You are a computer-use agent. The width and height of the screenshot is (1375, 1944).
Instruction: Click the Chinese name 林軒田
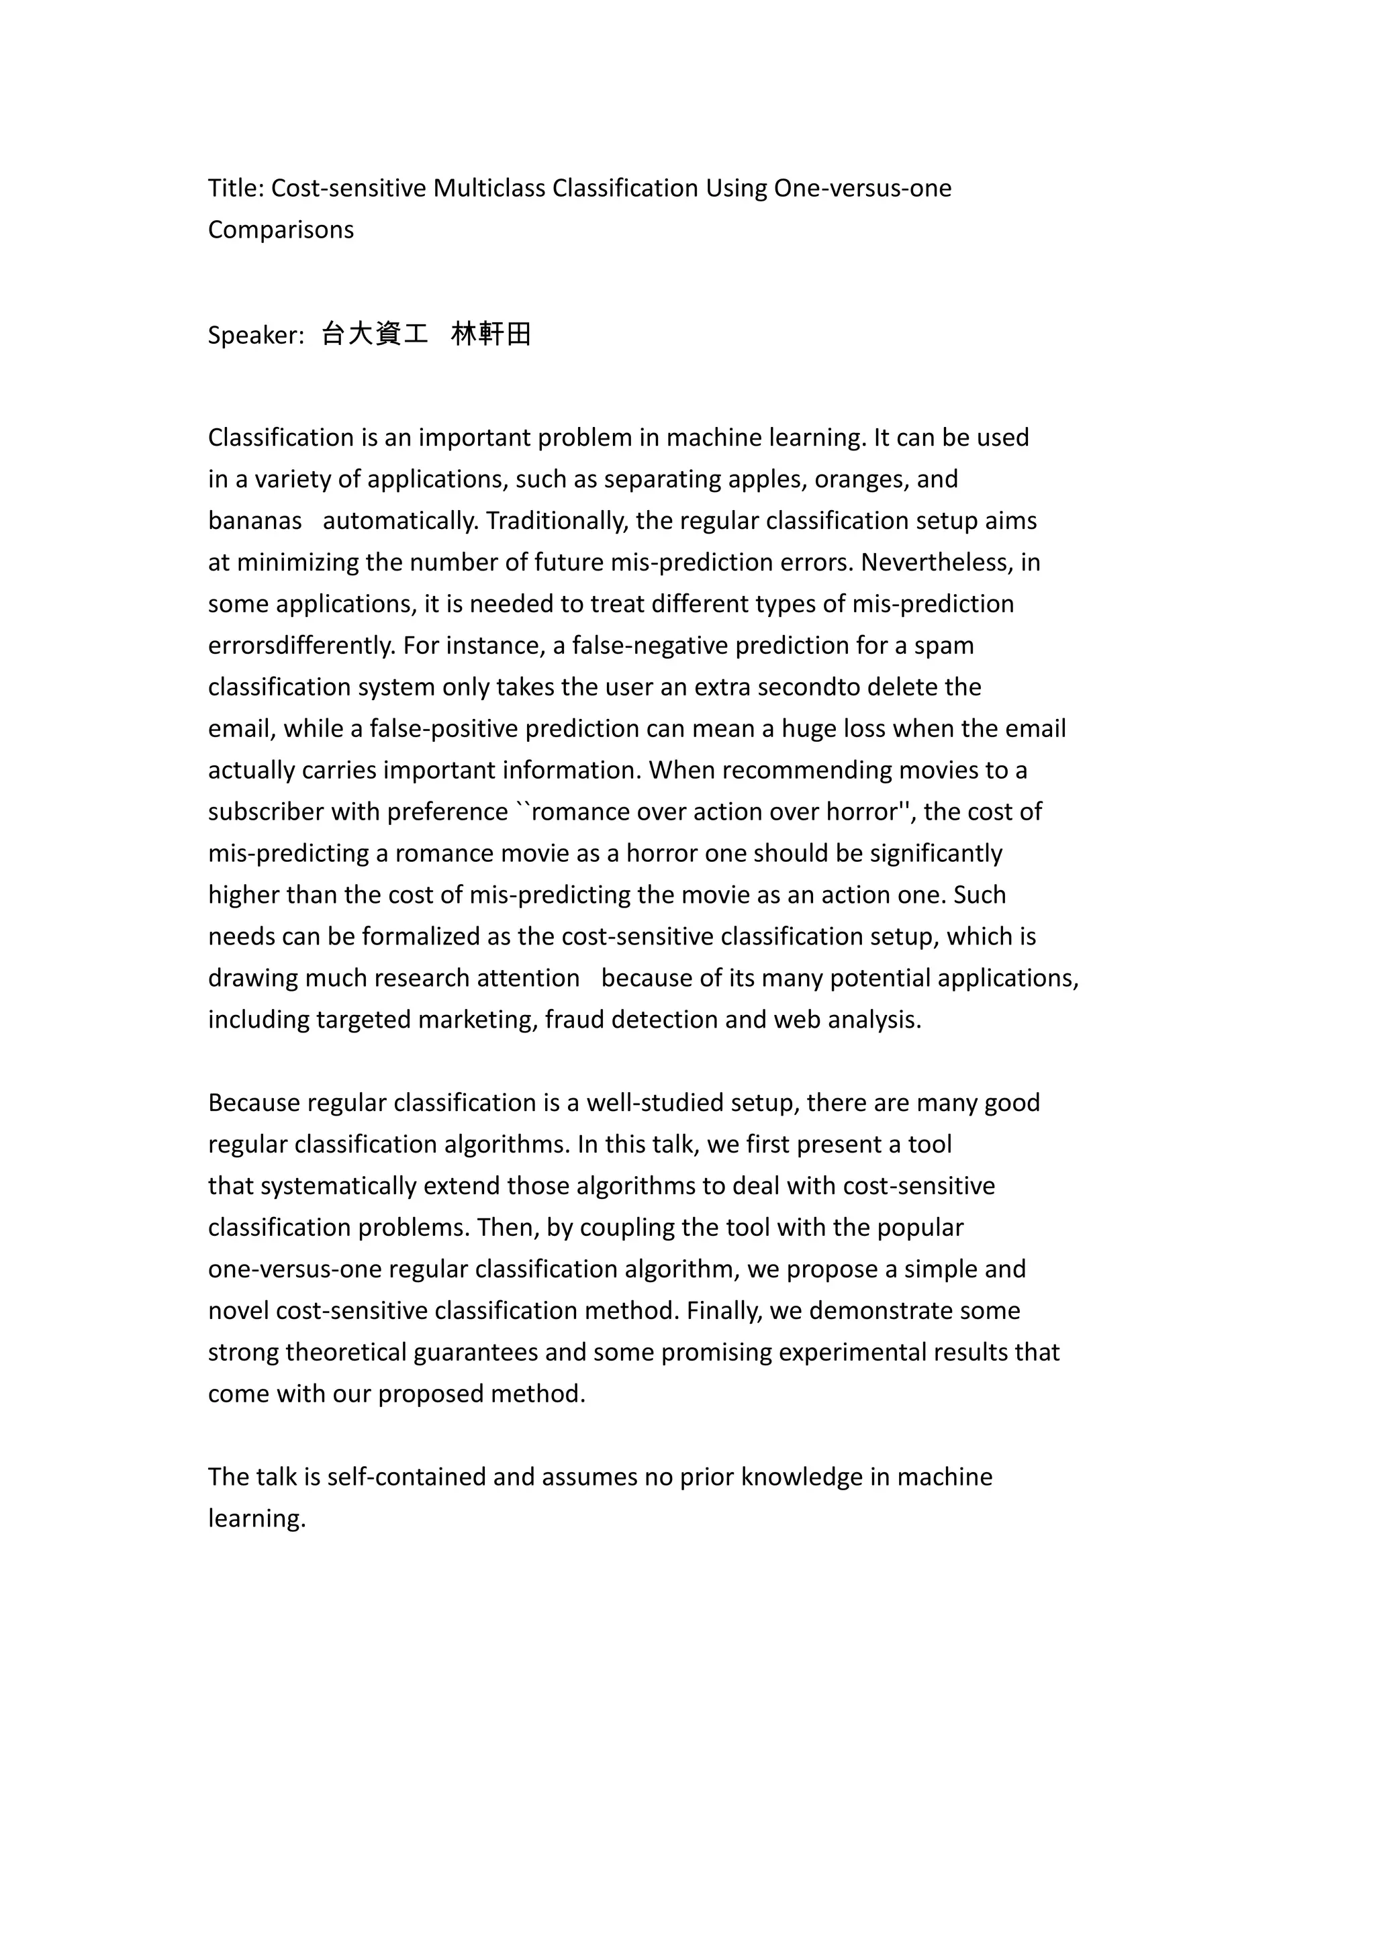[x=491, y=334]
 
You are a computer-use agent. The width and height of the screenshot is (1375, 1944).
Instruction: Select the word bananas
[x=255, y=521]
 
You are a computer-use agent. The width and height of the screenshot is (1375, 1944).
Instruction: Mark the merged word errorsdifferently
[x=301, y=645]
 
